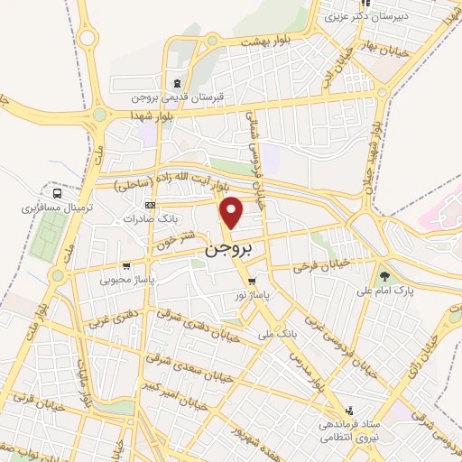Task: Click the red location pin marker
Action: tap(233, 213)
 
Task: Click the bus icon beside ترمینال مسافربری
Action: tap(59, 192)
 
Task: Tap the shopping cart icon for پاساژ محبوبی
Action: tap(126, 266)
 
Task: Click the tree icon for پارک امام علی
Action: tap(386, 275)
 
